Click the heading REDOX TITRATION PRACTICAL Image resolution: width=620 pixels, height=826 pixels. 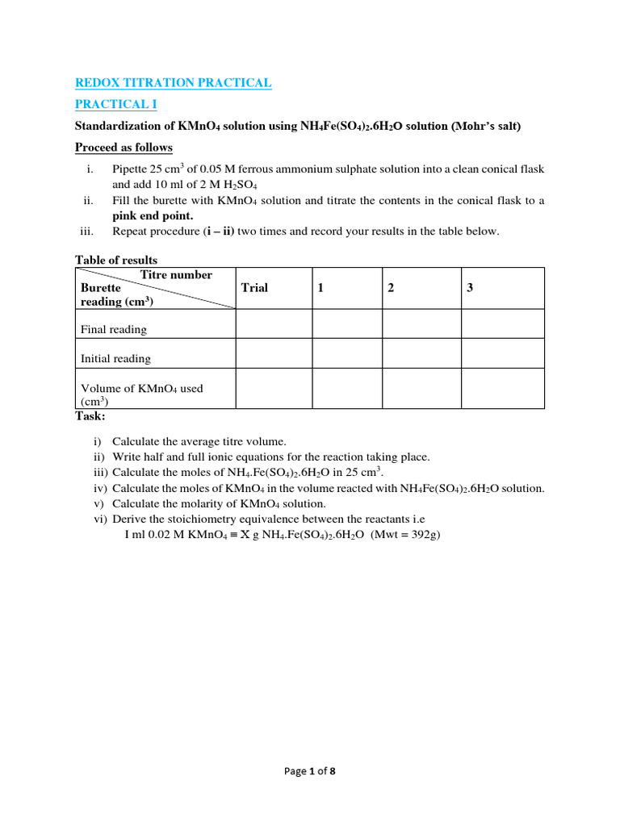coord(173,82)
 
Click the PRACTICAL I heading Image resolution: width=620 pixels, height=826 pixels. coord(116,104)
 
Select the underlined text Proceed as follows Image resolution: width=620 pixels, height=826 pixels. coord(124,148)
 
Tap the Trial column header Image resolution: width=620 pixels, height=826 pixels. coord(254,288)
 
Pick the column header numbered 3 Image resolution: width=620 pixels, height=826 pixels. coord(470,288)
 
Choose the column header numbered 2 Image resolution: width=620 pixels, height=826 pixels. coord(391,288)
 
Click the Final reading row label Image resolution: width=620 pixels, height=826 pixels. coord(114,329)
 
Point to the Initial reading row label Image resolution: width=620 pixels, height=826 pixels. coord(115,358)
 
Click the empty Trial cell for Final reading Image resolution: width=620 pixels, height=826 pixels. coord(274,323)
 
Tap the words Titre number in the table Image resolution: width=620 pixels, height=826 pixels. coord(176,275)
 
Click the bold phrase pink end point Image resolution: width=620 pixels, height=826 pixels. coord(153,215)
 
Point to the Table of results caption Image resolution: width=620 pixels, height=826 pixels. coord(116,260)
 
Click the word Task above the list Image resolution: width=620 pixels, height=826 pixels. coord(90,416)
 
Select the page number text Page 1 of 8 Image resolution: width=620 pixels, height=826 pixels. coord(309,771)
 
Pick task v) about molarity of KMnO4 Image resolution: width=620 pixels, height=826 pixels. coord(210,503)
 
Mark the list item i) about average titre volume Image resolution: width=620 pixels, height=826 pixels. coord(191,441)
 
